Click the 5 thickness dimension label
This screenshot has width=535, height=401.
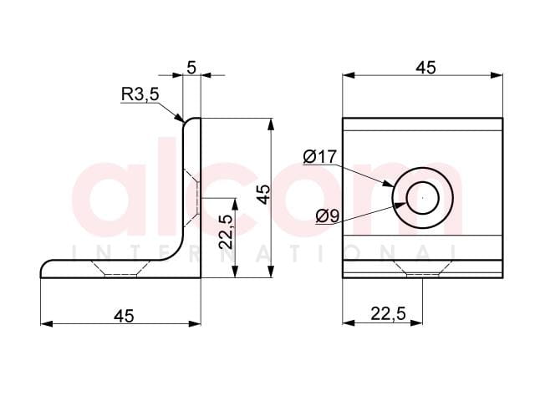tap(191, 68)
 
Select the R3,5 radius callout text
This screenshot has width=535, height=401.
tap(140, 94)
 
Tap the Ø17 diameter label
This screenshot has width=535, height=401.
tap(319, 157)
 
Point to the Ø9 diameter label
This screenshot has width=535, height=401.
tap(327, 216)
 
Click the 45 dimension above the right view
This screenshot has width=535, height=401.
tap(425, 68)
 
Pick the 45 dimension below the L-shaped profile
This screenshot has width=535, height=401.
tap(125, 316)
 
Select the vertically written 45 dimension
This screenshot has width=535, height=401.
tap(263, 195)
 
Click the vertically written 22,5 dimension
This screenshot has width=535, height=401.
tap(226, 232)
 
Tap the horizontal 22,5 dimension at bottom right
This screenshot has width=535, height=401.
tap(388, 313)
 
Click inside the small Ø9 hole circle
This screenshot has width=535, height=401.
tap(423, 198)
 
